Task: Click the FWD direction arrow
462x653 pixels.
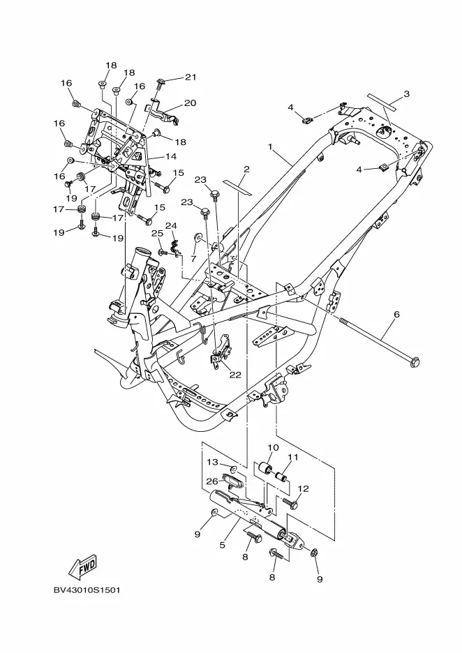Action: click(83, 566)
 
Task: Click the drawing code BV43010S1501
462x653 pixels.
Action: click(87, 590)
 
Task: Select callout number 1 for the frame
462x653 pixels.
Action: click(270, 147)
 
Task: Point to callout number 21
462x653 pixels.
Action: click(191, 77)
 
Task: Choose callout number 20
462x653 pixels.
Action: click(190, 103)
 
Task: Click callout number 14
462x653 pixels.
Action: click(171, 156)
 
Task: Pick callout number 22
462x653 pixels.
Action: click(235, 375)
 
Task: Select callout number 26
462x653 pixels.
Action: click(212, 481)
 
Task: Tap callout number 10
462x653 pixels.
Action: click(273, 447)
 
